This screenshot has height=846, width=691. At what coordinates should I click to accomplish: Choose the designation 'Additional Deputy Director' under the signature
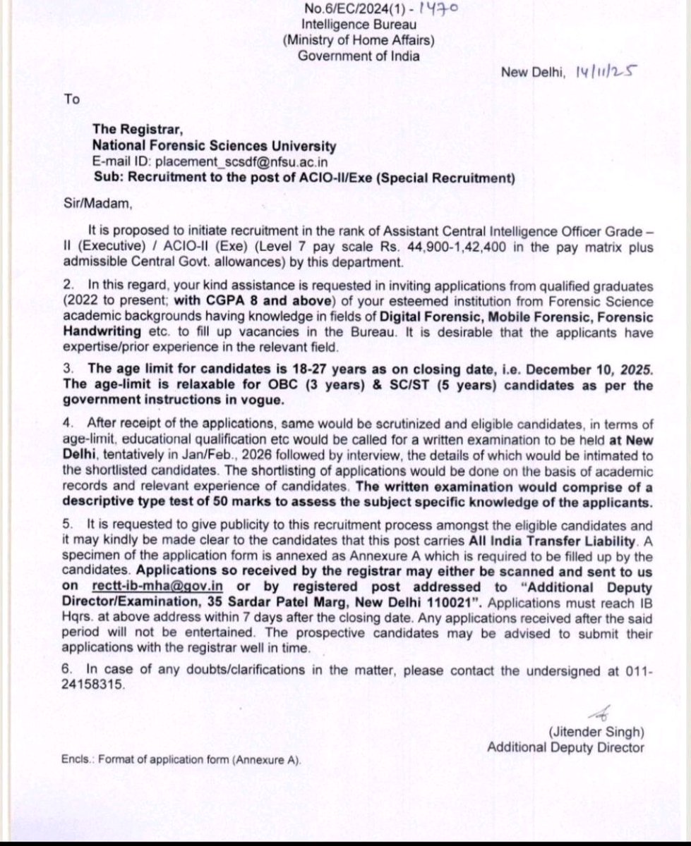pos(565,747)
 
